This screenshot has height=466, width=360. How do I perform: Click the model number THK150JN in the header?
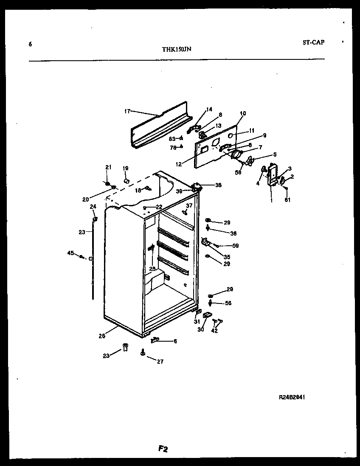[176, 49]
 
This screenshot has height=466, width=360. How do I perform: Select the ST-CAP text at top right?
[313, 42]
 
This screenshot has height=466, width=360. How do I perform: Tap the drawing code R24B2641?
[292, 397]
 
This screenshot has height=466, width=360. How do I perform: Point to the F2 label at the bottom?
[163, 449]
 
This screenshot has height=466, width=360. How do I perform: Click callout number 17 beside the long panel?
[127, 112]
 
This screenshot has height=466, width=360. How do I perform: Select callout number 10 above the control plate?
[243, 113]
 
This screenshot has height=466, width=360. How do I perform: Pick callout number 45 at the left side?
[70, 253]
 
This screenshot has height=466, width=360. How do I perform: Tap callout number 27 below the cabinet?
[160, 362]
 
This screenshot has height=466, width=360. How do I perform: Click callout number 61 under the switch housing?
[287, 200]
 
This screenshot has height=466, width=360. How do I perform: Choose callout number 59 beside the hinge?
[236, 245]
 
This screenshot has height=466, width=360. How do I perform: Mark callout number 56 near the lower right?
[228, 303]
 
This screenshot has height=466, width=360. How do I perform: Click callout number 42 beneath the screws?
[214, 331]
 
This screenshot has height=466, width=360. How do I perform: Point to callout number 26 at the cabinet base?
[102, 336]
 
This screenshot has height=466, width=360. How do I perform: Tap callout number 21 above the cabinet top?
[108, 167]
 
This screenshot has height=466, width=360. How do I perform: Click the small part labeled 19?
[126, 181]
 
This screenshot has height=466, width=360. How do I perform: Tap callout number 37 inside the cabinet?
[189, 205]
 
